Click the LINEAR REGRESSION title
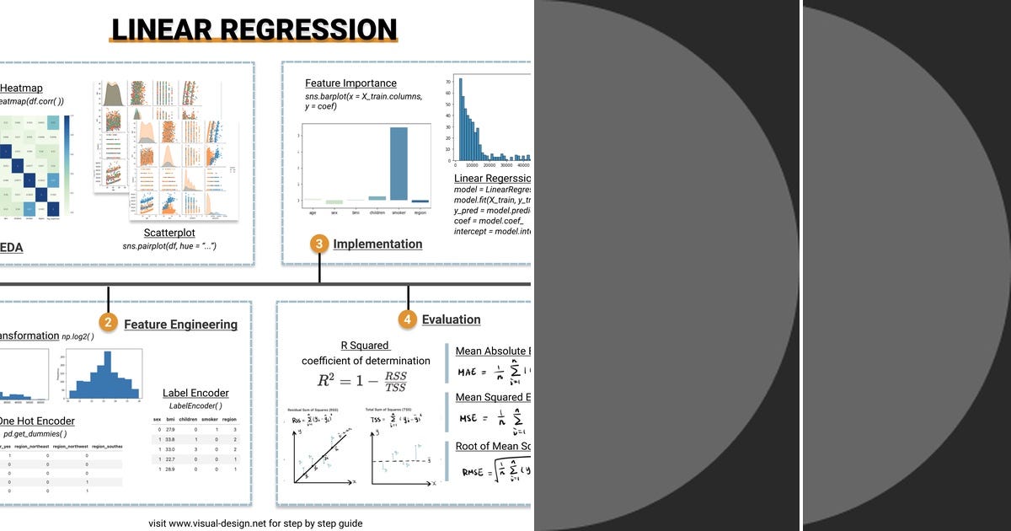point(254,30)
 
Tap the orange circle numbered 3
point(319,244)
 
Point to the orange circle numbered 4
point(408,319)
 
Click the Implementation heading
point(377,244)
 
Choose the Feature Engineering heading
point(180,324)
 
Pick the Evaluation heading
point(451,319)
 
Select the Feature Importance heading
point(350,83)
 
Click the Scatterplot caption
point(169,233)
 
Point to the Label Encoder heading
point(195,393)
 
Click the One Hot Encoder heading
point(36,421)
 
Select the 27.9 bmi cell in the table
point(169,429)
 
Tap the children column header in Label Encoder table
point(189,419)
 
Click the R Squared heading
point(365,346)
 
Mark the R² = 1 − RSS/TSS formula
point(361,381)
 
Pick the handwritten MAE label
point(467,372)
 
